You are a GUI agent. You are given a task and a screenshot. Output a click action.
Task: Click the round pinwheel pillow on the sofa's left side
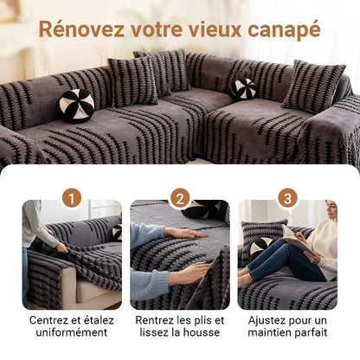click(x=76, y=105)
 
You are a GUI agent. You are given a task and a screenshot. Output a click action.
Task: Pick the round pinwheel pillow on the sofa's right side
click(x=243, y=88)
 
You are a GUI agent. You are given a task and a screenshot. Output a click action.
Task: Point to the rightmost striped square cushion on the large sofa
click(x=312, y=86)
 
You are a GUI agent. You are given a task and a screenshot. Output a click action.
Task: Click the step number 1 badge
click(x=72, y=197)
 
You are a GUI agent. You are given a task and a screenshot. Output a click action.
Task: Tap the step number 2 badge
click(x=180, y=197)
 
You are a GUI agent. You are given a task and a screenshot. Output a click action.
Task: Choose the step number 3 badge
click(x=287, y=197)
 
